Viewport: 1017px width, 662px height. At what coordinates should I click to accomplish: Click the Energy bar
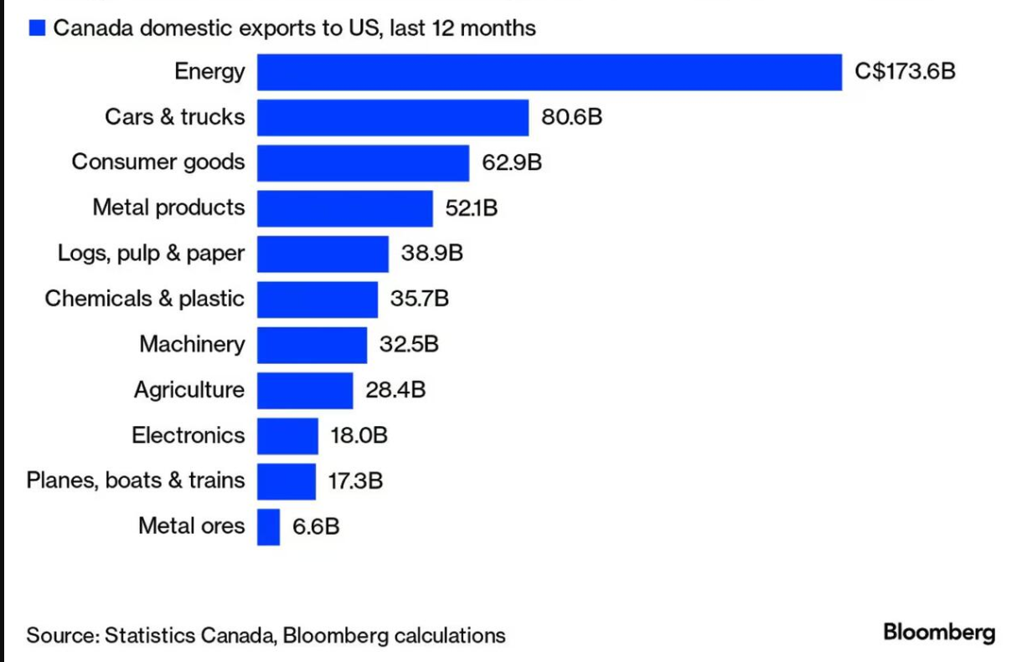pyautogui.click(x=550, y=72)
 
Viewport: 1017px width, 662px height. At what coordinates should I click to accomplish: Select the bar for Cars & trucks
pyautogui.click(x=393, y=117)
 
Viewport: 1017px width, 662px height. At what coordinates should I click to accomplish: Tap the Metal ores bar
pyautogui.click(x=268, y=527)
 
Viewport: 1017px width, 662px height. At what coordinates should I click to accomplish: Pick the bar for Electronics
pyautogui.click(x=287, y=436)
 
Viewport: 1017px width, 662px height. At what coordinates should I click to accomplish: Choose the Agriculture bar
pyautogui.click(x=305, y=390)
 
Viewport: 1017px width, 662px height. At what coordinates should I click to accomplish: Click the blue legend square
pyautogui.click(x=37, y=28)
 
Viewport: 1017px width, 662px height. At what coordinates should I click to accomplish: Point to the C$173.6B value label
pyautogui.click(x=905, y=72)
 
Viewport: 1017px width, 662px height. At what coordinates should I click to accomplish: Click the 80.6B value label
pyautogui.click(x=571, y=117)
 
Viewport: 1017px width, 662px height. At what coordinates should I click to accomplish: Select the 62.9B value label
pyautogui.click(x=512, y=162)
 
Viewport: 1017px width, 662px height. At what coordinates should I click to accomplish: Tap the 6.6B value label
pyautogui.click(x=316, y=526)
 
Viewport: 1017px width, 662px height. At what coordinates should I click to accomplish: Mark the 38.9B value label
pyautogui.click(x=431, y=253)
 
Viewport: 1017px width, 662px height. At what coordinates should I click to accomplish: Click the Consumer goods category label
pyautogui.click(x=158, y=162)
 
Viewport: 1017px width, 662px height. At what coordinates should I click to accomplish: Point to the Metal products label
pyautogui.click(x=168, y=208)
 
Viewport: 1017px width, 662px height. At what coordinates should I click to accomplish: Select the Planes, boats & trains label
pyautogui.click(x=136, y=480)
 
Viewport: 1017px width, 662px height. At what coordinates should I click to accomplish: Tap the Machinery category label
pyautogui.click(x=192, y=345)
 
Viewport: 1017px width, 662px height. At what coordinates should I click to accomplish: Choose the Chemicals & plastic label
pyautogui.click(x=144, y=299)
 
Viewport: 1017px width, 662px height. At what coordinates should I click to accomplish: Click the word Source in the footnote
pyautogui.click(x=63, y=635)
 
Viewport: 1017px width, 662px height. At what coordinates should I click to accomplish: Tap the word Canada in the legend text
pyautogui.click(x=94, y=28)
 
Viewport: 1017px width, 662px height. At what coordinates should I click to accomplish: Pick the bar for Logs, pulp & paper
pyautogui.click(x=323, y=254)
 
